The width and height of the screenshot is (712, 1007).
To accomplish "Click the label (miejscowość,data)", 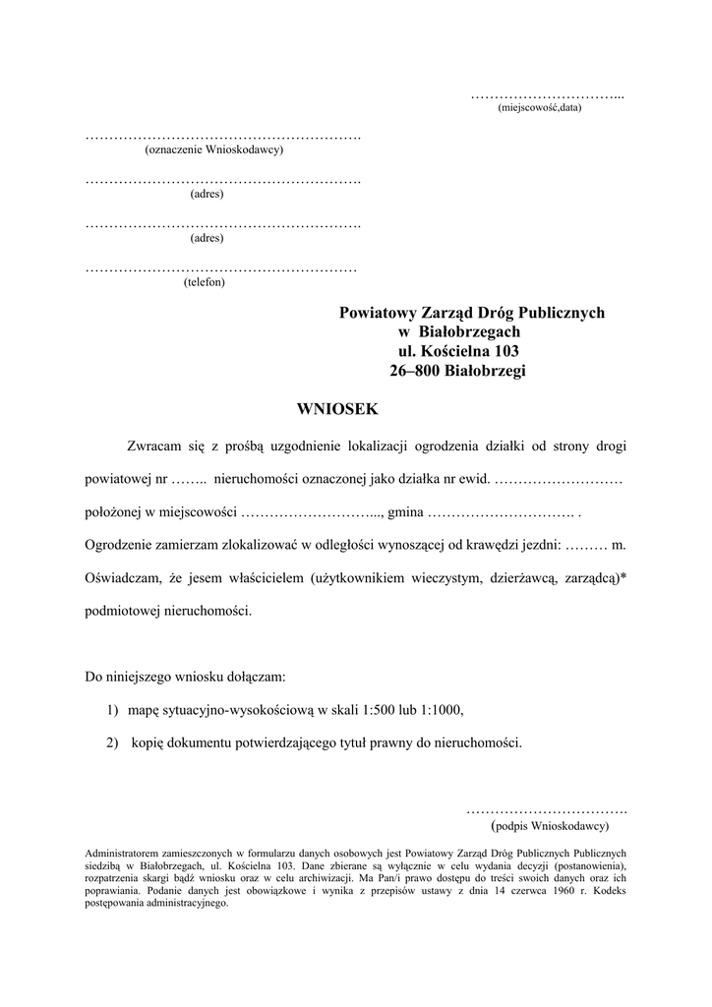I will [540, 107].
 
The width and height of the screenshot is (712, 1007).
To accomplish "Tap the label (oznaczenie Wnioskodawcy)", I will [213, 150].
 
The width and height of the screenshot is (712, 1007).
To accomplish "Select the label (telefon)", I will [204, 283].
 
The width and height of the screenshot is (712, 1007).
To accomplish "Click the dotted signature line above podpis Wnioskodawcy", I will [546, 810].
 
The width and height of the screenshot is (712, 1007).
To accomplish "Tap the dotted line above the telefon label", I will [221, 268].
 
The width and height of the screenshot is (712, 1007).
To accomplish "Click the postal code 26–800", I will [416, 371].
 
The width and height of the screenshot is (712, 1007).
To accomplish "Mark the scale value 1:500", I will [380, 709].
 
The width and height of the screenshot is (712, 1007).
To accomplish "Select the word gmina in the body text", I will [407, 512].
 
